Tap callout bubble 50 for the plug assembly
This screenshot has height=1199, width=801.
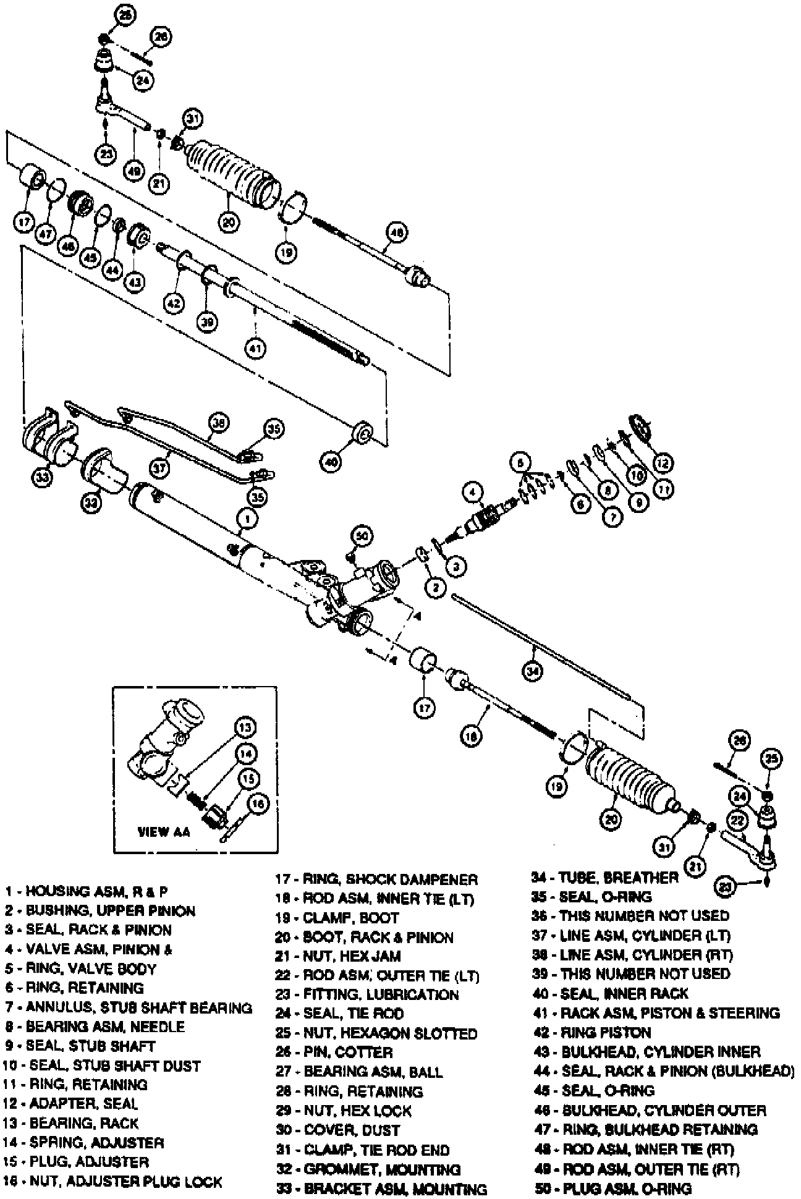point(362,536)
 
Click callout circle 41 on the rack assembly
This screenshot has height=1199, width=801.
point(255,348)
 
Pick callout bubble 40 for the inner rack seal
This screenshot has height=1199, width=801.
point(331,460)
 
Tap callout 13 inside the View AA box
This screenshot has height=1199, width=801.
point(245,727)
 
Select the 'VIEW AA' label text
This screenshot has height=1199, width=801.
point(163,832)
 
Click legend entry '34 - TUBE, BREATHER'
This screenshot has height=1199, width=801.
point(604,878)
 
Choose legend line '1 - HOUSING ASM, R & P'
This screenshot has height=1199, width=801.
point(87,891)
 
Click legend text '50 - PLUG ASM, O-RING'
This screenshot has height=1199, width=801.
point(612,1188)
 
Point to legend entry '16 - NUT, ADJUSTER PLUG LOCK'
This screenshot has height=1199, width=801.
point(112,1182)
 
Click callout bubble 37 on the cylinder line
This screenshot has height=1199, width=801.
point(160,468)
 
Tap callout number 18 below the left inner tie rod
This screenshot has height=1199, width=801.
point(470,736)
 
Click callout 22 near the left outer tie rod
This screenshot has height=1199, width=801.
point(737,820)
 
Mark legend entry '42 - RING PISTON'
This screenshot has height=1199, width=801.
point(591,1032)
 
